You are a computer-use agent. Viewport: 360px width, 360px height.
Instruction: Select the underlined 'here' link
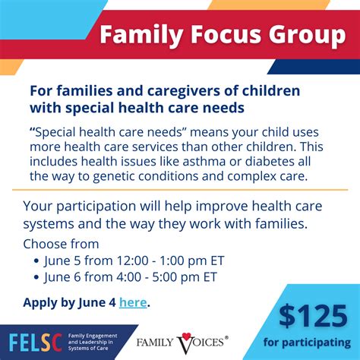(133, 302)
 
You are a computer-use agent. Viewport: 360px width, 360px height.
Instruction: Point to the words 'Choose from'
(61, 244)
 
